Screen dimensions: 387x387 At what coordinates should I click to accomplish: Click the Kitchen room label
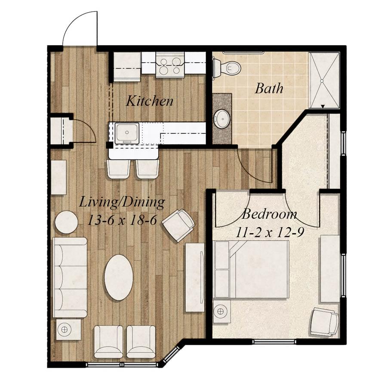[150, 101]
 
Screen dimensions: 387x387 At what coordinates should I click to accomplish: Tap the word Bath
[269, 88]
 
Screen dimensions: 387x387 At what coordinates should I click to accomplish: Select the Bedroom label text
[269, 214]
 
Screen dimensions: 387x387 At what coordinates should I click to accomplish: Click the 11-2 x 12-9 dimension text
[270, 232]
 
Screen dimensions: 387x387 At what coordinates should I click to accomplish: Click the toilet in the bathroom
[226, 67]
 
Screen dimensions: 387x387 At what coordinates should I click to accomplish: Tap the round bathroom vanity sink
[221, 119]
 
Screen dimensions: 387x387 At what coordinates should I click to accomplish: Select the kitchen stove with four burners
[170, 65]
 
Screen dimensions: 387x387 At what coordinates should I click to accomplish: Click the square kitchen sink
[127, 133]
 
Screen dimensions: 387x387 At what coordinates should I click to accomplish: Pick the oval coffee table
[119, 277]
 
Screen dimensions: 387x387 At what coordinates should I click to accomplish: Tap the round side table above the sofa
[66, 222]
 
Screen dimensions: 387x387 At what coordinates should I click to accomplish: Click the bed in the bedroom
[252, 269]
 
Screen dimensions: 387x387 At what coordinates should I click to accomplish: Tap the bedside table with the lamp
[221, 311]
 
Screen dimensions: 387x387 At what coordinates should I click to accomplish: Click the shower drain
[322, 80]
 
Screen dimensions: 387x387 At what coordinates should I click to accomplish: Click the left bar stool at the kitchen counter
[119, 169]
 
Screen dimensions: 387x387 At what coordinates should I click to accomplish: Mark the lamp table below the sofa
[68, 329]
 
